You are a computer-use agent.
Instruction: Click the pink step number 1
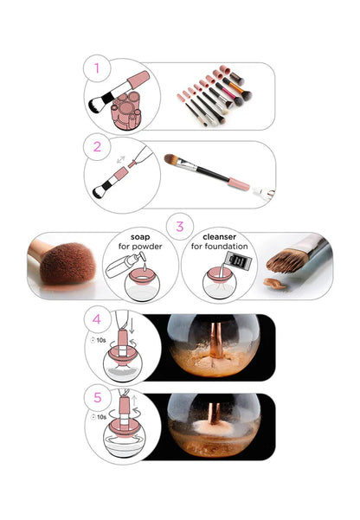[x=97, y=68]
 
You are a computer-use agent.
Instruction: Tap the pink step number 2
[x=97, y=147]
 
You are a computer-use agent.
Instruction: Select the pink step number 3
[x=180, y=227]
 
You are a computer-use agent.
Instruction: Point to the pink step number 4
[x=97, y=319]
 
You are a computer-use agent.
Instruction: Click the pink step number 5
[x=97, y=397]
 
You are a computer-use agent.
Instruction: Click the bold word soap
[x=140, y=237]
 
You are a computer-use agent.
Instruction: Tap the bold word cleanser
[x=219, y=237]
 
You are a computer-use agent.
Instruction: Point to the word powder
[x=147, y=247]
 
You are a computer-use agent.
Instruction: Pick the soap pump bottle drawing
[x=125, y=265]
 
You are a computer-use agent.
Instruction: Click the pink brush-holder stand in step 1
[x=126, y=111]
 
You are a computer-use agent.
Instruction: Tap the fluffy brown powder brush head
[x=67, y=264]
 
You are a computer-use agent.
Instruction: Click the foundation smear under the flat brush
[x=274, y=283]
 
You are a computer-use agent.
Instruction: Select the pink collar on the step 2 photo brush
[x=238, y=184]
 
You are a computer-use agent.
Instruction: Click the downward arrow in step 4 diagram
[x=132, y=326]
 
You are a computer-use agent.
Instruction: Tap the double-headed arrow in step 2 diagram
[x=120, y=160]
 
